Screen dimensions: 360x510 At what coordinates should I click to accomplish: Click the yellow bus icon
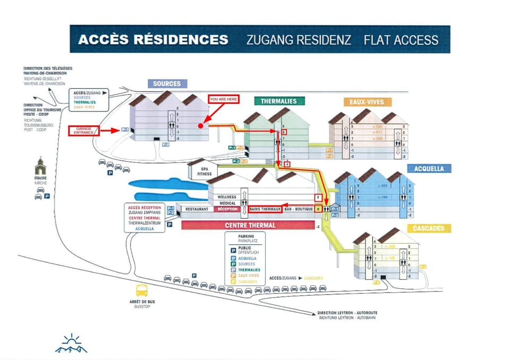tap(142, 290)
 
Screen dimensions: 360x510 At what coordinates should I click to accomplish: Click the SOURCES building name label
tap(167, 83)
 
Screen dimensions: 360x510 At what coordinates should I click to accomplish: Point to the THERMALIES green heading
tap(279, 101)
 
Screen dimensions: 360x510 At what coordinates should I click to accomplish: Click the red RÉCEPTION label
tap(229, 209)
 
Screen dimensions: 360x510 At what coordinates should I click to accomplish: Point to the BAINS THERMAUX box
tap(265, 209)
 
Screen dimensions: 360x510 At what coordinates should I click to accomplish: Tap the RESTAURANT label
tap(197, 209)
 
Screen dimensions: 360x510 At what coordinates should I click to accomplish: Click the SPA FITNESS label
tap(205, 170)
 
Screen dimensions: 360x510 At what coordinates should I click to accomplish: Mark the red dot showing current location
tap(200, 126)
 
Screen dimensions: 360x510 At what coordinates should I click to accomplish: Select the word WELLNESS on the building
tap(227, 197)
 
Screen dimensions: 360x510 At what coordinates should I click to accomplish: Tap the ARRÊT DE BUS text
tap(142, 302)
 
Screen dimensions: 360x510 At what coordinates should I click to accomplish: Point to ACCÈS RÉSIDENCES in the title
tap(153, 40)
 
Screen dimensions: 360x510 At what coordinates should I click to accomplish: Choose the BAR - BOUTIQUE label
tap(299, 209)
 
